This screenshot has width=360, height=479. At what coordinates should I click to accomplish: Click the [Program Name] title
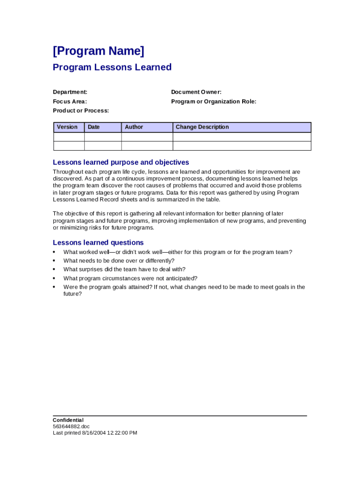(99, 51)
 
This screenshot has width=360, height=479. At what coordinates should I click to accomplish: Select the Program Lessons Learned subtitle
(112, 67)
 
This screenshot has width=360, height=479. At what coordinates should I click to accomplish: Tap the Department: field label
(70, 92)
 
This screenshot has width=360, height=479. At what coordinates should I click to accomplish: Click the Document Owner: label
(196, 92)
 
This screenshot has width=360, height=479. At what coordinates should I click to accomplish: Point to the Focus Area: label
(70, 102)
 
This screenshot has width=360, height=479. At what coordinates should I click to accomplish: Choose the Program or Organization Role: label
(214, 102)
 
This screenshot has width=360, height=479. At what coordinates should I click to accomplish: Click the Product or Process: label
(81, 110)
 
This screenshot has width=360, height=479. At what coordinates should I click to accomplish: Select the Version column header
(67, 127)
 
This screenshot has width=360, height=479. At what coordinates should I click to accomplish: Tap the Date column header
(94, 127)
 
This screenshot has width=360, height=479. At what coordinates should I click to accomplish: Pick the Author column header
(134, 127)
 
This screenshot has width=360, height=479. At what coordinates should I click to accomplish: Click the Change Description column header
(202, 127)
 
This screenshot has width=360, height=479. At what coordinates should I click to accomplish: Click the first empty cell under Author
(147, 137)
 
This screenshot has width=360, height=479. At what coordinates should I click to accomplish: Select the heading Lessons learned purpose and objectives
(121, 162)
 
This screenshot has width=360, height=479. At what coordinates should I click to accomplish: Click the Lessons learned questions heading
(98, 242)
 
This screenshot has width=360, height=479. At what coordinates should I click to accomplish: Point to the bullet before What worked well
(54, 253)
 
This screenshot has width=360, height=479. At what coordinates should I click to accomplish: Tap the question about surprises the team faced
(124, 269)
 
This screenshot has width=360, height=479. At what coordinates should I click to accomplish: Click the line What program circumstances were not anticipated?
(130, 278)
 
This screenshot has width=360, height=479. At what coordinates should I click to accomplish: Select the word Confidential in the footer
(68, 420)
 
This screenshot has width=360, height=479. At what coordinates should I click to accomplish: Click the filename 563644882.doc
(71, 427)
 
